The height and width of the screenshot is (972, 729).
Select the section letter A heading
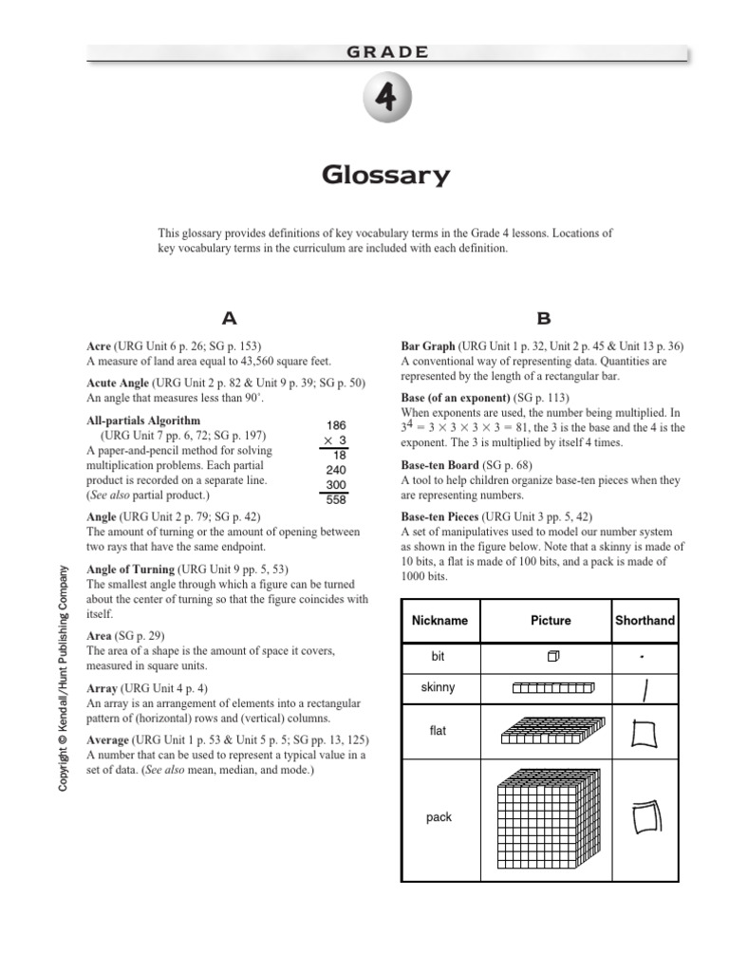(228, 319)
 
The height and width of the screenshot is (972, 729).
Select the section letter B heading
(543, 319)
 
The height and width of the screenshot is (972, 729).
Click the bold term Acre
(99, 346)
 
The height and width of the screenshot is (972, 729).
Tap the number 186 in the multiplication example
(335, 425)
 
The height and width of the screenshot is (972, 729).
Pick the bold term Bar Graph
(428, 346)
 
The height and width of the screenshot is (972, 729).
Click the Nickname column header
(439, 620)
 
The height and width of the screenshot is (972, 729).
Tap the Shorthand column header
(645, 620)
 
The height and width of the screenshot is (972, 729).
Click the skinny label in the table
(439, 686)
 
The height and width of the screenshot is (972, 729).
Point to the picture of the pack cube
(551, 816)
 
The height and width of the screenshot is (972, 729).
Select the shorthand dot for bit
(643, 656)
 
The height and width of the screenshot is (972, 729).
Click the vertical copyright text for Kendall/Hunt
(64, 678)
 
